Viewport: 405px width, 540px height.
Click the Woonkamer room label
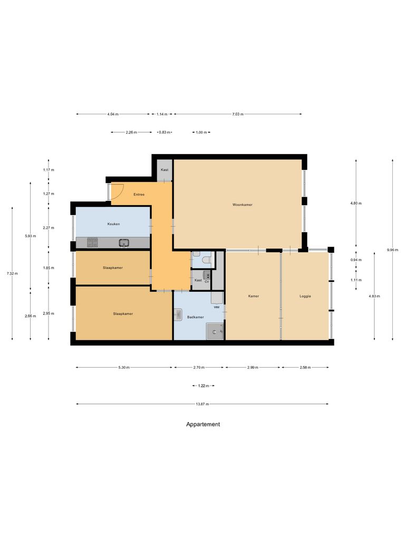(242, 205)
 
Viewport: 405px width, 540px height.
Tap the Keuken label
(113, 224)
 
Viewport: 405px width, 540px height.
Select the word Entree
(139, 195)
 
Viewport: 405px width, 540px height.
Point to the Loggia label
(305, 296)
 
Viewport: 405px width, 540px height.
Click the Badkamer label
(195, 317)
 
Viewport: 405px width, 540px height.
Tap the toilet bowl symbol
(207, 259)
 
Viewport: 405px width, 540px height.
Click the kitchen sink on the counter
(124, 243)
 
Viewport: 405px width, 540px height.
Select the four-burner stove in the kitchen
(92, 243)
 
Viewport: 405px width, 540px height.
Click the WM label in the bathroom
(216, 306)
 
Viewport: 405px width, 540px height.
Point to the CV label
(207, 282)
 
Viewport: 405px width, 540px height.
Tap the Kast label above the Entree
(165, 170)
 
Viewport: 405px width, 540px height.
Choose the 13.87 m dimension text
(202, 404)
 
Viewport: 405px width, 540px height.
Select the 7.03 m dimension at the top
(237, 114)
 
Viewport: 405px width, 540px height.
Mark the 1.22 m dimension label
(202, 386)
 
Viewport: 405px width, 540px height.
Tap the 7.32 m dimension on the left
(11, 273)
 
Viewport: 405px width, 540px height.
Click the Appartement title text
(203, 424)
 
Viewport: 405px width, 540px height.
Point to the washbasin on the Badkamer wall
(178, 314)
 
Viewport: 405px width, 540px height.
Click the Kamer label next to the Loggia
(253, 296)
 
